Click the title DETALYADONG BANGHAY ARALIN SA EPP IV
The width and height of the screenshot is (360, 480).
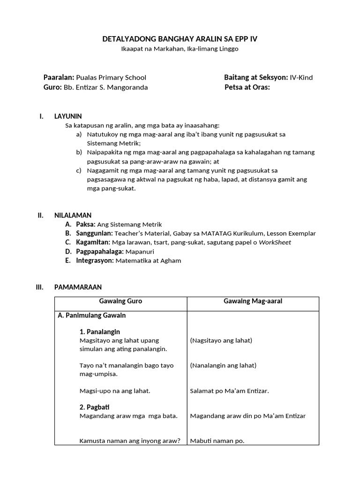(x=180, y=39)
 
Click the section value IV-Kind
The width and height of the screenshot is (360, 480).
(x=301, y=77)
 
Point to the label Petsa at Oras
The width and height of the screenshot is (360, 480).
(x=247, y=87)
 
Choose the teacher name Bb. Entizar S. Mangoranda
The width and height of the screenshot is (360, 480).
(x=105, y=87)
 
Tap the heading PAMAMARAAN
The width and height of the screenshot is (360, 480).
(x=78, y=287)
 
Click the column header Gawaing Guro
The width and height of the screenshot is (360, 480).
(x=120, y=301)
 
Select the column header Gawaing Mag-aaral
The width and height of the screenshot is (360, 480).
(x=253, y=301)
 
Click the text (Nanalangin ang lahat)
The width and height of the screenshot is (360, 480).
(x=223, y=365)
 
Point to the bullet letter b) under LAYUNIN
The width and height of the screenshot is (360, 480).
(x=79, y=152)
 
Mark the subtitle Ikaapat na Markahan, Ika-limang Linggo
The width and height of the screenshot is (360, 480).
(x=180, y=49)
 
